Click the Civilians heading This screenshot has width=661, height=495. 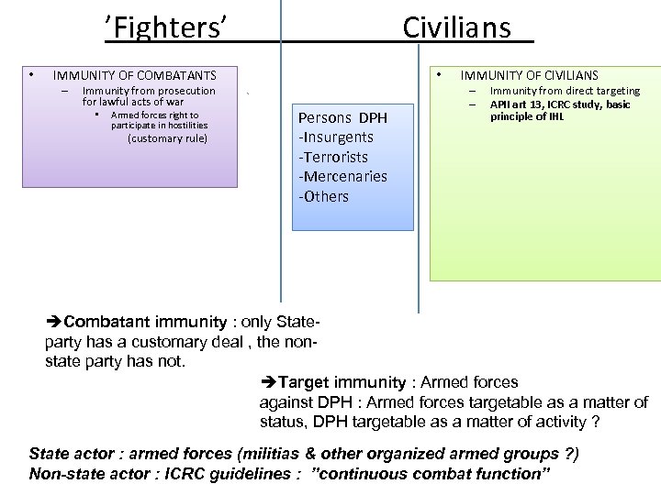click(x=456, y=27)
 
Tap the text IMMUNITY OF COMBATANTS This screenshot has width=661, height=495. click(x=134, y=75)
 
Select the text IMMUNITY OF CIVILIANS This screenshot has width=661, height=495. click(x=529, y=75)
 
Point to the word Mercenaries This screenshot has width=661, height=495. click(x=342, y=176)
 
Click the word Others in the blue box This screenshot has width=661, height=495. click(x=326, y=196)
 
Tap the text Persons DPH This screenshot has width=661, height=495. click(x=343, y=118)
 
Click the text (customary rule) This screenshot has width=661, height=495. click(x=167, y=138)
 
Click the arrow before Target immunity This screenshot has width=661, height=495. click(x=268, y=382)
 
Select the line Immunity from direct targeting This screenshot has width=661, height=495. click(x=565, y=91)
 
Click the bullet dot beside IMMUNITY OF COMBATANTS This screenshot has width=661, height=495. click(x=31, y=74)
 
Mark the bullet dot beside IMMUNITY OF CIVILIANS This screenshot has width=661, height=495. click(x=441, y=74)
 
